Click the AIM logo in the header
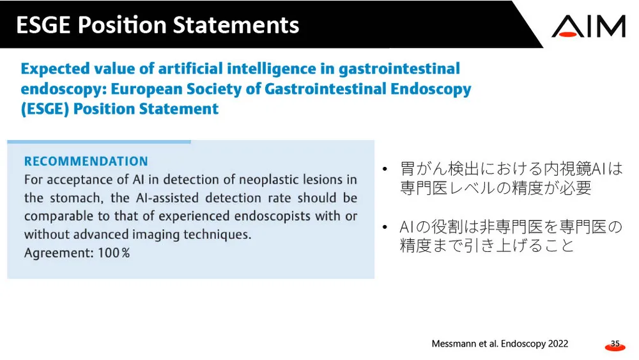coord(589,26)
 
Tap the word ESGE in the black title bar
coord(43,25)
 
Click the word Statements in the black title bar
coord(236,25)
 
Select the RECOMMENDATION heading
coord(86,161)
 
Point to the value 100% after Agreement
coord(114,253)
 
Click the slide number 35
coord(615,343)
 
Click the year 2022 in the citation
coord(558,343)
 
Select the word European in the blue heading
coord(147,89)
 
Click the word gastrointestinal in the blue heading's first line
coord(399,68)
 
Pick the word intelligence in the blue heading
coord(272,68)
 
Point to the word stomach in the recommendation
coord(74,198)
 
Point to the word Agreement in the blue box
coord(59,253)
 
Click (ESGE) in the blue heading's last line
coord(45,109)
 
